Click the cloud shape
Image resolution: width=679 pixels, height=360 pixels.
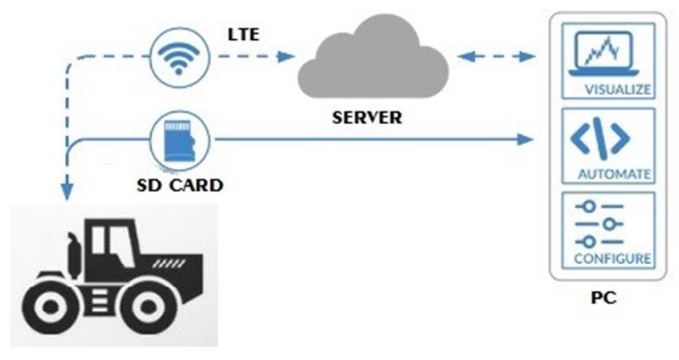[x=371, y=62]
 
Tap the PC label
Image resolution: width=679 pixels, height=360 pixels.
[x=602, y=299]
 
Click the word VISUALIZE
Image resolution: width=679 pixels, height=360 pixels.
[x=617, y=88]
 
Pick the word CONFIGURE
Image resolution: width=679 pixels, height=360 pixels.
[x=614, y=257]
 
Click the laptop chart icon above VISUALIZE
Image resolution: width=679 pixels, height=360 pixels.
[x=605, y=53]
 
